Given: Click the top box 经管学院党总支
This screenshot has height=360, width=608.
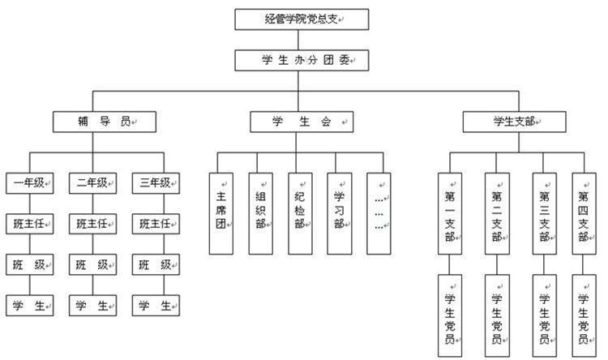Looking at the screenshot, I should tap(302, 19).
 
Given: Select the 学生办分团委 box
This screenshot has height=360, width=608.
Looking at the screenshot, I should tap(302, 59).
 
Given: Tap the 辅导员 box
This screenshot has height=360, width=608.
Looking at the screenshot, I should tap(104, 122).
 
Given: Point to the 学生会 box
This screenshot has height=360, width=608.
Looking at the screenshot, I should tap(302, 122).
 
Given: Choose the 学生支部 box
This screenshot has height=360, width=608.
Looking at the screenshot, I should tap(514, 122).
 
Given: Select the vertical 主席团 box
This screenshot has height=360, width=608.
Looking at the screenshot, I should tap(221, 209).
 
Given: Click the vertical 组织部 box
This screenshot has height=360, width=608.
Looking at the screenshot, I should tap(260, 209).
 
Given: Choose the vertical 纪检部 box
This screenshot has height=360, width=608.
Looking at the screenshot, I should tap(300, 209).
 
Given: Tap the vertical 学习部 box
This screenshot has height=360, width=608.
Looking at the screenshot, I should tap(340, 209).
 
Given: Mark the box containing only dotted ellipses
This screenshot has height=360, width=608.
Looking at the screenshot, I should tap(379, 209).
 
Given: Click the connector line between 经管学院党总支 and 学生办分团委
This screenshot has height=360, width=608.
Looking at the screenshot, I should tap(302, 39).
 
